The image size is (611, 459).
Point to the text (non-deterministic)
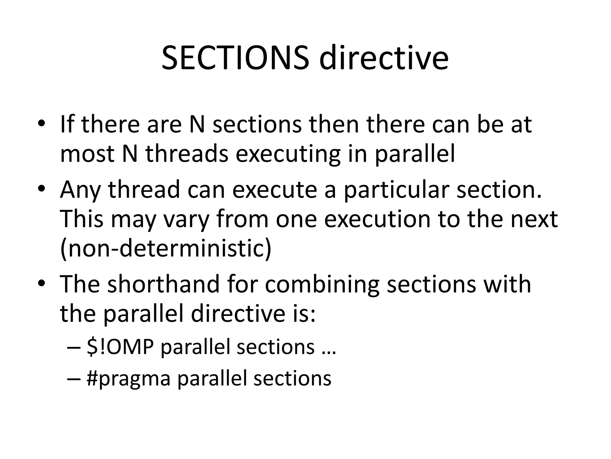click(166, 249)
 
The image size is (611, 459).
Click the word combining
click(322, 285)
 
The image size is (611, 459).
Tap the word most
click(87, 154)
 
